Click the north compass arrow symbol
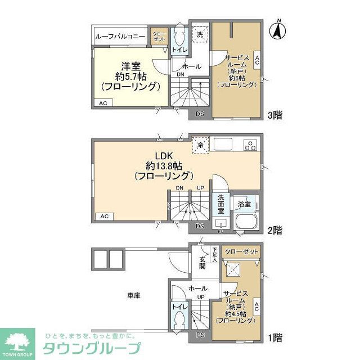point(277,31)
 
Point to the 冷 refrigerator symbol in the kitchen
point(200,145)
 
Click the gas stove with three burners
point(251,145)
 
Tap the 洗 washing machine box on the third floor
point(200,34)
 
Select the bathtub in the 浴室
point(246,223)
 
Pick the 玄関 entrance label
point(202,263)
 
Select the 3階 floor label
point(274,115)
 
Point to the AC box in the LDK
point(103,216)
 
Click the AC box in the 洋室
point(103,103)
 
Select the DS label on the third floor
point(200,114)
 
